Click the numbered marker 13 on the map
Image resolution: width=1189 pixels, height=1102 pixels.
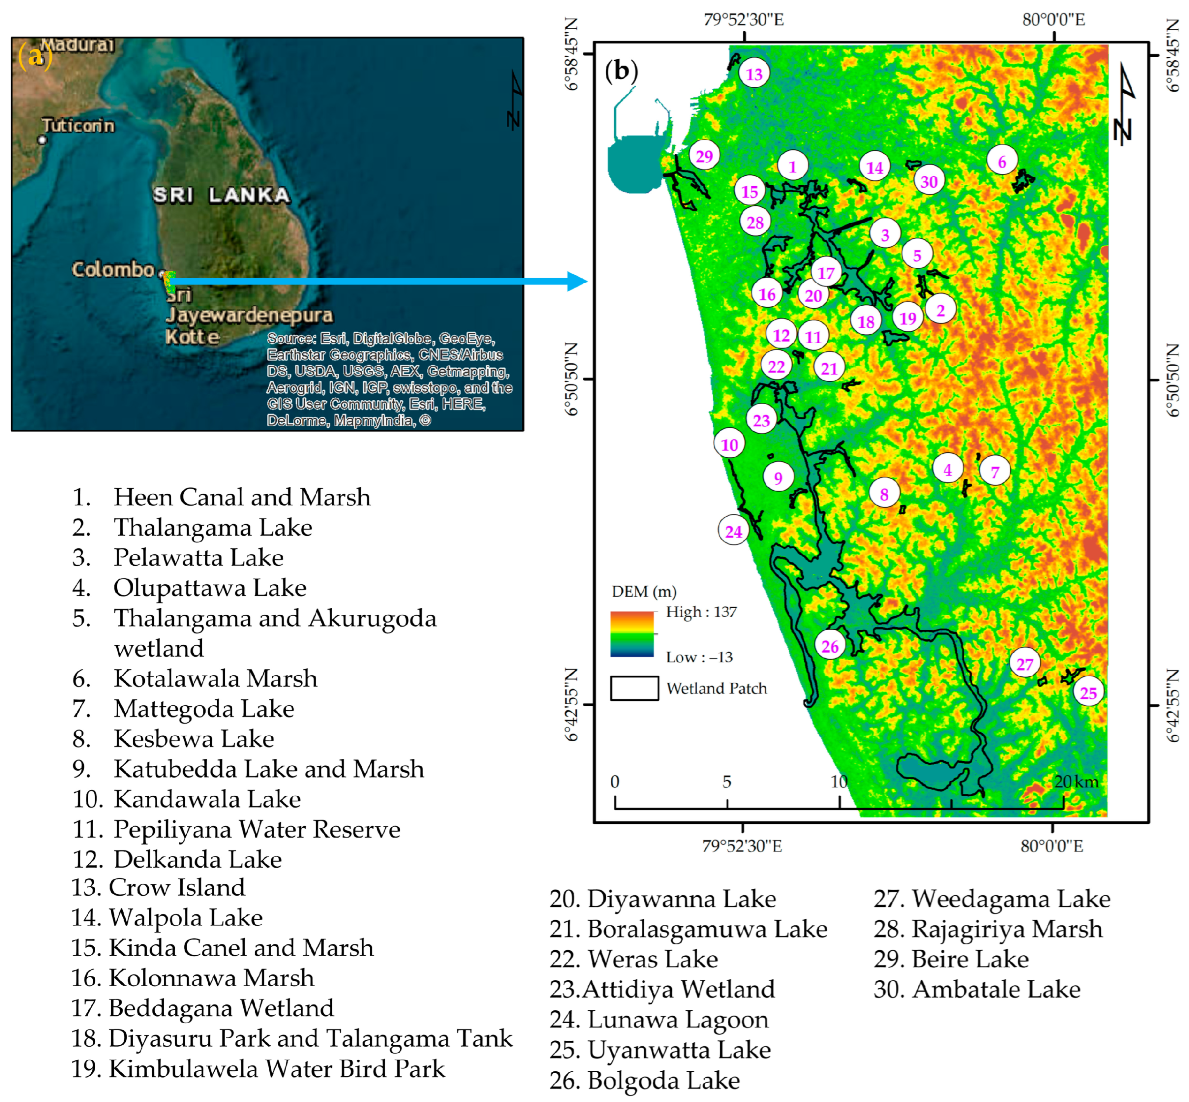(x=754, y=74)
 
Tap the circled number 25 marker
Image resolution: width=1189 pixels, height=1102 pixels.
(x=1088, y=693)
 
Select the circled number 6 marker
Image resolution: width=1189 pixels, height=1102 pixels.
(x=1002, y=162)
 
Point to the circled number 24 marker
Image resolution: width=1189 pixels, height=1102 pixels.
(x=733, y=531)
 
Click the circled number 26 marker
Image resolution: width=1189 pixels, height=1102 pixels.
(x=830, y=646)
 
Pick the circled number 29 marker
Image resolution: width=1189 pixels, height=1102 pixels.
(x=704, y=156)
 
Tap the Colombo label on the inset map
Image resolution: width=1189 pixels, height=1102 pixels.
(x=113, y=269)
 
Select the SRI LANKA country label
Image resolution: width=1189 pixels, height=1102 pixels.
(x=221, y=195)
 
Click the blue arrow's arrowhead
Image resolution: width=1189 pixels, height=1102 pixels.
(x=577, y=282)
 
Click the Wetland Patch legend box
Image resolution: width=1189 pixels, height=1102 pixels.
(x=634, y=688)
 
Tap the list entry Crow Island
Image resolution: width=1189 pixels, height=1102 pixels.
(x=158, y=887)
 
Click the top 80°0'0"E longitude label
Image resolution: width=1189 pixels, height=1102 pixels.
(x=1053, y=20)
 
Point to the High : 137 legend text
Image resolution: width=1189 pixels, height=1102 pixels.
(x=701, y=612)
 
